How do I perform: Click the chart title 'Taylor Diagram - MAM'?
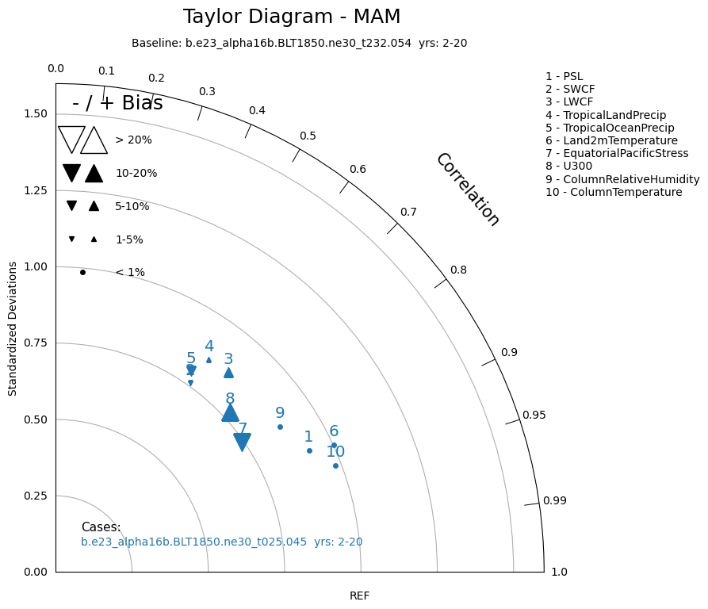click(x=292, y=17)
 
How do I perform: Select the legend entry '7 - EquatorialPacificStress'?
click(x=617, y=153)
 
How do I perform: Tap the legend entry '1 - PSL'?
click(x=564, y=76)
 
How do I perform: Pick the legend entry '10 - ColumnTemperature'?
click(x=614, y=192)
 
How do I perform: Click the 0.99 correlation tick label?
click(x=554, y=500)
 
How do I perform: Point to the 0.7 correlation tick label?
click(x=408, y=212)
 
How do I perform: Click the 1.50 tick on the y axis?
click(x=36, y=114)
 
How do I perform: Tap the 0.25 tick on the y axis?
click(x=36, y=496)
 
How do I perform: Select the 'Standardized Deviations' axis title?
click(x=13, y=333)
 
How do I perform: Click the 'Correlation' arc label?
click(x=468, y=190)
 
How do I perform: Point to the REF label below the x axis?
click(x=359, y=596)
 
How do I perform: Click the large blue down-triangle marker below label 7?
click(x=243, y=442)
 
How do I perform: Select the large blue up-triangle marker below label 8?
click(x=230, y=412)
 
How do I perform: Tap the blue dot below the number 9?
click(x=280, y=427)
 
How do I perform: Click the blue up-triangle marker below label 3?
click(x=228, y=373)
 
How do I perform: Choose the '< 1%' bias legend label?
click(x=130, y=272)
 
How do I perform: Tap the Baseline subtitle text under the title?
click(x=299, y=43)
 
